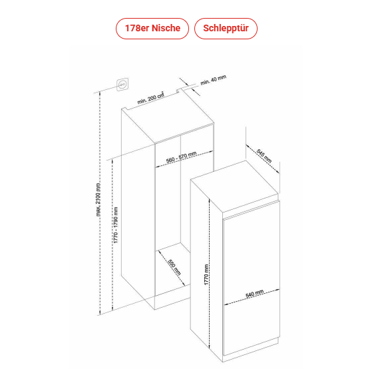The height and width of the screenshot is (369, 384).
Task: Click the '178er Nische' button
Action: click(x=152, y=29)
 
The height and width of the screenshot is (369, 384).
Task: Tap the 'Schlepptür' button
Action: click(x=226, y=29)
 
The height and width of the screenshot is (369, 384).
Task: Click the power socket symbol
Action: click(x=122, y=85)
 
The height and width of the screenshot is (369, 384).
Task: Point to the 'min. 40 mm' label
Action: click(x=214, y=80)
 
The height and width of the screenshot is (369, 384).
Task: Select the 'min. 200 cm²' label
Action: click(x=150, y=98)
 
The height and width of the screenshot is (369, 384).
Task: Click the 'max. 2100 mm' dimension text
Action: click(x=98, y=200)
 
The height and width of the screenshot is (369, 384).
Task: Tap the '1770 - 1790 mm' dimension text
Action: click(x=116, y=225)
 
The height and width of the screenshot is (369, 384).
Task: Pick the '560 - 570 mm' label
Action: click(x=181, y=157)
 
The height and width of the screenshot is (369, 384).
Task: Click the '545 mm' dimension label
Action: click(x=264, y=156)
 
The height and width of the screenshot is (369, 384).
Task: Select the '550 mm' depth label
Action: click(x=174, y=267)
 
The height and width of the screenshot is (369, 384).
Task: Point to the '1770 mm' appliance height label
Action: click(x=206, y=274)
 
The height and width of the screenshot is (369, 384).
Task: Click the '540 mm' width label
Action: click(x=255, y=294)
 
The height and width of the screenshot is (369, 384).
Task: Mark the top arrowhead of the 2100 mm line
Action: click(x=100, y=93)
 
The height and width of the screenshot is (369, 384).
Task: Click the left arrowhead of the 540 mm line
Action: click(x=226, y=305)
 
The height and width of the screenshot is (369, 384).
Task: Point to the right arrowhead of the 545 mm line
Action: click(x=278, y=171)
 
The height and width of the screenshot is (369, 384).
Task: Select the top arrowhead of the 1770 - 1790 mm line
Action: click(x=112, y=161)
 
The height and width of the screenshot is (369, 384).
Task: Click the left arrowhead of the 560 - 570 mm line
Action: click(x=157, y=167)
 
